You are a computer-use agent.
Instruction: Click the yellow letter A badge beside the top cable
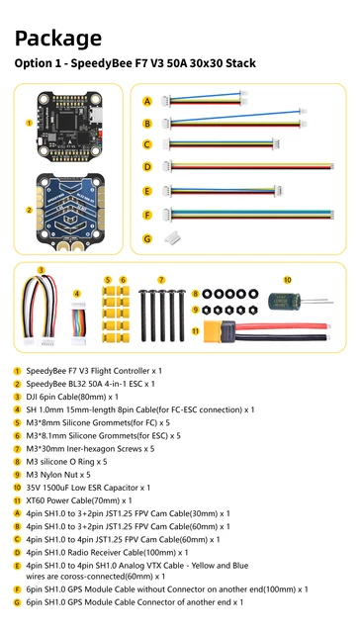[x=147, y=102]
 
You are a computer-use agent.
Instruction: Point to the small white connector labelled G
[x=175, y=237]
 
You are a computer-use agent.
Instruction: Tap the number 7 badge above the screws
[x=161, y=280]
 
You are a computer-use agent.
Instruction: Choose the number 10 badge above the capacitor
[x=288, y=280]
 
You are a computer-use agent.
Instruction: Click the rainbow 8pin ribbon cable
[x=80, y=320]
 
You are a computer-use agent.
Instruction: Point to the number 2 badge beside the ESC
[x=30, y=210]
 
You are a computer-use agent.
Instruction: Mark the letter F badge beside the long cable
[x=147, y=215]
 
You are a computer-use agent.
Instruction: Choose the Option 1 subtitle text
[x=135, y=63]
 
